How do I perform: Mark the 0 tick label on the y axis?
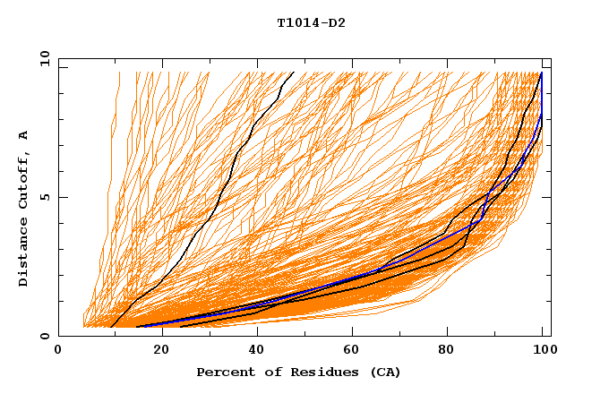pos(44,337)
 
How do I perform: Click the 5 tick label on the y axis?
pos(44,198)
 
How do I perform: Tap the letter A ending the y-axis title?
pos(24,135)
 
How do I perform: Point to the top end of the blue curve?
pos(541,73)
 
